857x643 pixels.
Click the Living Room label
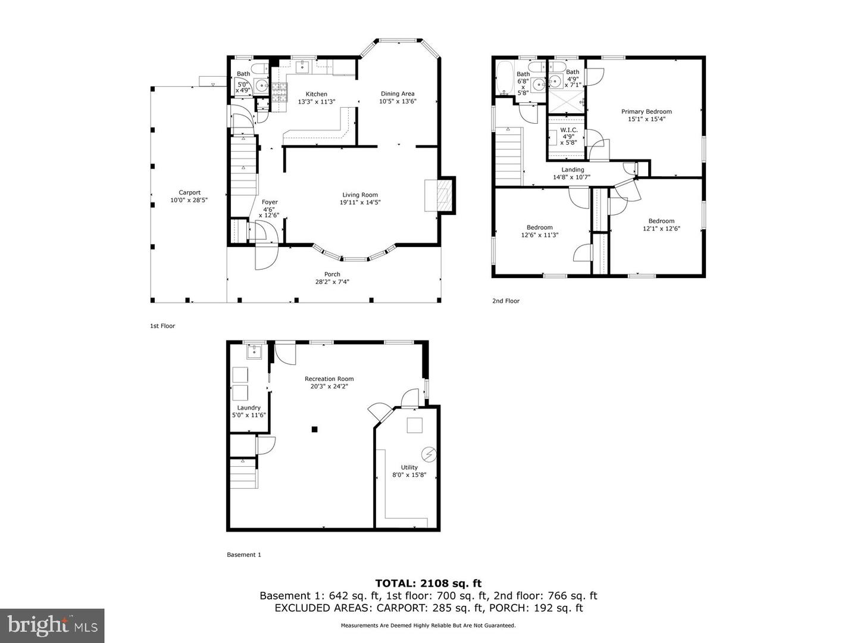(x=359, y=195)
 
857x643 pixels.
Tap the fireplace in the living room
(x=440, y=195)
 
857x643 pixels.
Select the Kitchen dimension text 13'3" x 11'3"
(x=317, y=102)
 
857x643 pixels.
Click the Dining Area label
(x=398, y=93)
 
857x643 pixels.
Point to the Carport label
(x=190, y=192)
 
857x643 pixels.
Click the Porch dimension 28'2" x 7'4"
(x=332, y=282)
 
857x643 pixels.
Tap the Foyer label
(x=270, y=202)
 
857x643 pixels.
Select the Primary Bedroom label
(x=646, y=111)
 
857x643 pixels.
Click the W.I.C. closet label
(x=568, y=130)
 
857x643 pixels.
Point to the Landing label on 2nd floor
(x=573, y=170)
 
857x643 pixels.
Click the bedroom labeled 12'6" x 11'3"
(x=539, y=227)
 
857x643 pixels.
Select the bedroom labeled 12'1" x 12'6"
(x=661, y=221)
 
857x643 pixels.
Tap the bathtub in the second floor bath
(x=505, y=78)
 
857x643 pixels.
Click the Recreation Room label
(x=329, y=379)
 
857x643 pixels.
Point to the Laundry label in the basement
(x=249, y=408)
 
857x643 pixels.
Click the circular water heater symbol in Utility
(x=428, y=454)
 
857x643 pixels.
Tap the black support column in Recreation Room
(x=315, y=429)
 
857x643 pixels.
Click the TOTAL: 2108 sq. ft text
(x=428, y=583)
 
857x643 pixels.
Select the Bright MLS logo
(x=52, y=625)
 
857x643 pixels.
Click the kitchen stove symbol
(x=279, y=91)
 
